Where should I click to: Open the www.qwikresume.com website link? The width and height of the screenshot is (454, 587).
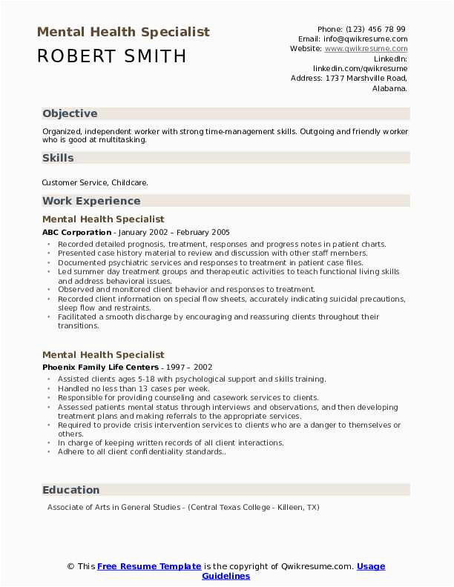(366, 49)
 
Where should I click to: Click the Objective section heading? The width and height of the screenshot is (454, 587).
(70, 113)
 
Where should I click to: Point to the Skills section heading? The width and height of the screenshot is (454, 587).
(58, 158)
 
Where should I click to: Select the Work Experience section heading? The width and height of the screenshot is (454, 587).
(91, 201)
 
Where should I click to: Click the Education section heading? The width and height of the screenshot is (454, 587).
(71, 490)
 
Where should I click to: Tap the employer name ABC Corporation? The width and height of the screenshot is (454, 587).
(77, 232)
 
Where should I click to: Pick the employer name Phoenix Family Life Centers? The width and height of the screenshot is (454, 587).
(100, 367)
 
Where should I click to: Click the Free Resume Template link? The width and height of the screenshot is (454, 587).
(149, 566)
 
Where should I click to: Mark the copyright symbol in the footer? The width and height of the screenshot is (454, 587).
(71, 566)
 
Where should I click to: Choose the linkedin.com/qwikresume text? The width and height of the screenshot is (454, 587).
(360, 68)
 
